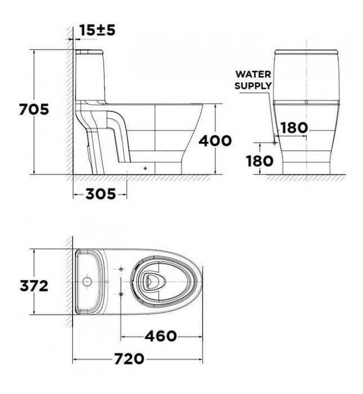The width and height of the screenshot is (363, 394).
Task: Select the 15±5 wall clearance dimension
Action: pyautogui.click(x=97, y=30)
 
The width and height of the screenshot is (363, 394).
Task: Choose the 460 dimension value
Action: pyautogui.click(x=162, y=336)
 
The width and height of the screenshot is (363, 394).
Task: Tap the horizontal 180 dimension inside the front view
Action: pyautogui.click(x=294, y=128)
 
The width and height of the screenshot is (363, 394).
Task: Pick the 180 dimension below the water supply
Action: pyautogui.click(x=259, y=160)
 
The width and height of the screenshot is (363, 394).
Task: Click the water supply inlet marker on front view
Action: pyautogui.click(x=274, y=143)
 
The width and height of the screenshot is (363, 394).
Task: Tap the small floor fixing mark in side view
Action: pyautogui.click(x=146, y=168)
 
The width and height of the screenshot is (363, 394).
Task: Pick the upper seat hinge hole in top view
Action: pyautogui.click(x=121, y=270)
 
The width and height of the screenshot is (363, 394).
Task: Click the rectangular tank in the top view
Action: pyautogui.click(x=88, y=281)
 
